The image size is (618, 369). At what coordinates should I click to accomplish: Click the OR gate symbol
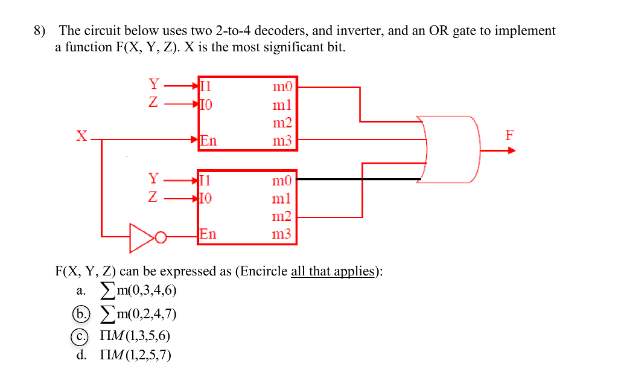pyautogui.click(x=453, y=149)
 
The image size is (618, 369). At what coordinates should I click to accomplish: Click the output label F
pyautogui.click(x=510, y=135)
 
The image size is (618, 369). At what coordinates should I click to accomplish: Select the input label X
pyautogui.click(x=81, y=136)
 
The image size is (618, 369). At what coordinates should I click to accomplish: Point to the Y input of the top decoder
pyautogui.click(x=154, y=84)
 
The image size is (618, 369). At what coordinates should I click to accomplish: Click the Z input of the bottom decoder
pyautogui.click(x=154, y=197)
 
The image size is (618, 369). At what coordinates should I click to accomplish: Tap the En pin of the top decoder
pyautogui.click(x=208, y=141)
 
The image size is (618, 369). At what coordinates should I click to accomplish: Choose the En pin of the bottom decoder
pyautogui.click(x=208, y=234)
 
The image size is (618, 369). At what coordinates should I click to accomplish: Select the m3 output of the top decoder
pyautogui.click(x=282, y=141)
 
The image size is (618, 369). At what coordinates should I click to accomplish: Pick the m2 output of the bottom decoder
pyautogui.click(x=282, y=216)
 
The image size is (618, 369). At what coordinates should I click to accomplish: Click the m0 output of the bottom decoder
pyautogui.click(x=282, y=180)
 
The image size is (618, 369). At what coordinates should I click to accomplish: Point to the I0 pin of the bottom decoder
pyautogui.click(x=206, y=197)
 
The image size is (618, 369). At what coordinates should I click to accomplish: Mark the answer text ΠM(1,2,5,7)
pyautogui.click(x=136, y=355)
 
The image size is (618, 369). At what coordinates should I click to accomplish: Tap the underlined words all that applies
pyautogui.click(x=333, y=271)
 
